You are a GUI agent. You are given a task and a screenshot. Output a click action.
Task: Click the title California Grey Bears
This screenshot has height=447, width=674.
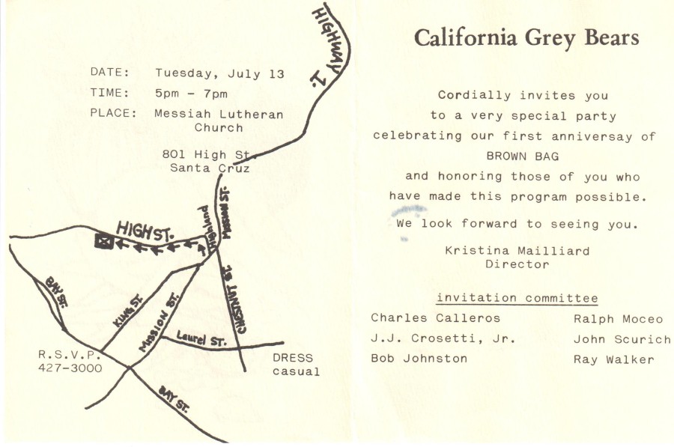pos(526,37)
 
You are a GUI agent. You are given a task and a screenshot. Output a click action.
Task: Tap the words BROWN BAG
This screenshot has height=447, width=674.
pos(522,156)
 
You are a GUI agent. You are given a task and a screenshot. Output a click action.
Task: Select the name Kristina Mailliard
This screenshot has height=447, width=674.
pos(517,251)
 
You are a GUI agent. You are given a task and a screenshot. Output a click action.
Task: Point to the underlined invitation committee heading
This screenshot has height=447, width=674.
pos(517,298)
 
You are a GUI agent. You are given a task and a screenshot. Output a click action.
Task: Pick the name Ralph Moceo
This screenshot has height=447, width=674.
pos(618,318)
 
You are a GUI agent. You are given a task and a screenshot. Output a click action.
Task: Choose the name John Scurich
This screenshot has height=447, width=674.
pos(622,339)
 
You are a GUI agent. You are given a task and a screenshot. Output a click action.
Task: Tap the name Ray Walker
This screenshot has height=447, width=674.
pos(613,359)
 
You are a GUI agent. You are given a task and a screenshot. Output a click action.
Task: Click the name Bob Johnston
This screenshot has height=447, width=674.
pos(419,359)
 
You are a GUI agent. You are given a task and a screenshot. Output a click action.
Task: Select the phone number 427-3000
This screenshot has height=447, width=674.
pos(70,368)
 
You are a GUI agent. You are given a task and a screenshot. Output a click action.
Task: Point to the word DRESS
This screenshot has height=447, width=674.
pos(293,358)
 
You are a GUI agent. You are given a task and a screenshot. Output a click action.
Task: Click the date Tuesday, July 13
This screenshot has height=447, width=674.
pos(219,73)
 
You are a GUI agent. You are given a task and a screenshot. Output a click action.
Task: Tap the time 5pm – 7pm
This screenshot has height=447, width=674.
pos(191,94)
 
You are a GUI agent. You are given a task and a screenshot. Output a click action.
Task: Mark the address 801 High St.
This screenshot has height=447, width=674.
pos(209,154)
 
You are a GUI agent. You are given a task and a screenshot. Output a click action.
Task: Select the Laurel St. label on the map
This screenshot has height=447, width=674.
pos(201,341)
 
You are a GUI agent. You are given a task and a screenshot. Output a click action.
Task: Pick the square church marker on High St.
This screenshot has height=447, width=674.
pos(103,241)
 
